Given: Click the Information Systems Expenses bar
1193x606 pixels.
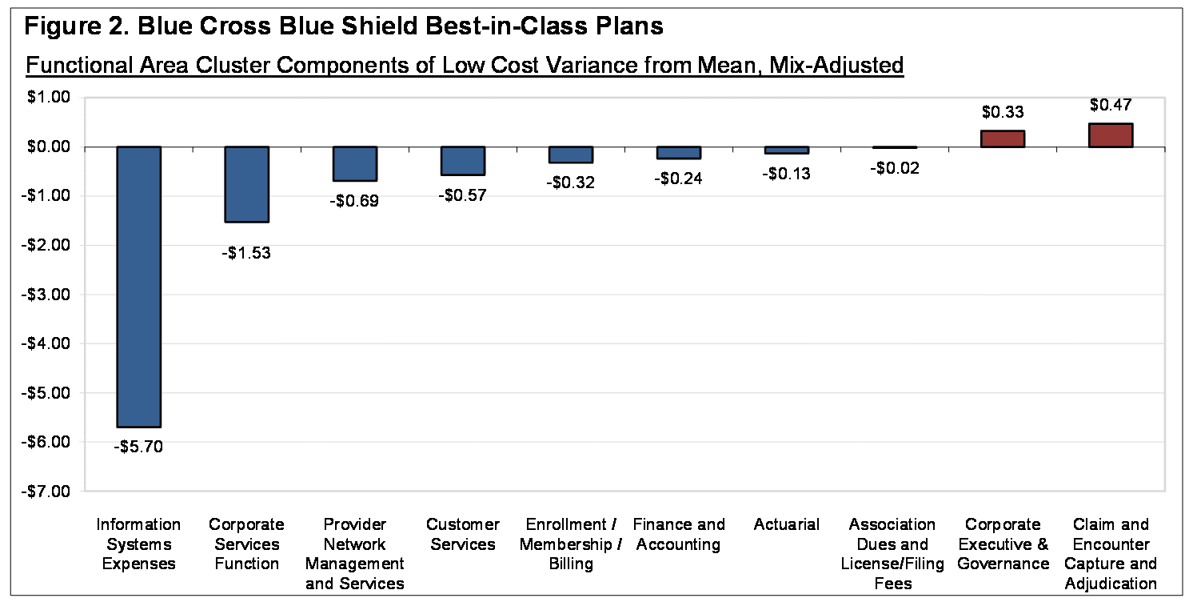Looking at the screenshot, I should click(139, 287).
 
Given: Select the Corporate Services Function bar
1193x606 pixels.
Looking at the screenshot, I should click(246, 184).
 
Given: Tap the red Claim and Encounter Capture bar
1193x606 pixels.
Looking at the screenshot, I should click(1110, 135).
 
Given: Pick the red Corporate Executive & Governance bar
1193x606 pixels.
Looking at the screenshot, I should click(1003, 138).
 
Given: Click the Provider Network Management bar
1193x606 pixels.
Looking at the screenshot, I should click(354, 163).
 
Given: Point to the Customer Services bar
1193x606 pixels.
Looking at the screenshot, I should click(462, 160).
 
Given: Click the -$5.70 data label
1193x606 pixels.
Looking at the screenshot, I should click(139, 447).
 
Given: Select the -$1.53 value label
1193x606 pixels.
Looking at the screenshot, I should click(246, 254).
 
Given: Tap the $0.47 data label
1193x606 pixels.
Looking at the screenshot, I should click(1110, 105).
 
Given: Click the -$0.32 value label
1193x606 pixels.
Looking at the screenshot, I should click(571, 182).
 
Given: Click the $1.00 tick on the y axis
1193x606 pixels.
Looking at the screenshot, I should click(50, 98).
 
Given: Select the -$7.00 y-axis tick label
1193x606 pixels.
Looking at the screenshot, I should click(48, 491).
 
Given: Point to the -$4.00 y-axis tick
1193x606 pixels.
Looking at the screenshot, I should click(48, 343).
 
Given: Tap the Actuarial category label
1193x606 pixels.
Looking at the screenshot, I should click(786, 525).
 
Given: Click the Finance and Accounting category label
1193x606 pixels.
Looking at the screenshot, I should click(678, 535).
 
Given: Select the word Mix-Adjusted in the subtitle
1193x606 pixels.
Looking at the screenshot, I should click(836, 65).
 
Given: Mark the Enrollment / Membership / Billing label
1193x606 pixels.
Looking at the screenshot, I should click(571, 544).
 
